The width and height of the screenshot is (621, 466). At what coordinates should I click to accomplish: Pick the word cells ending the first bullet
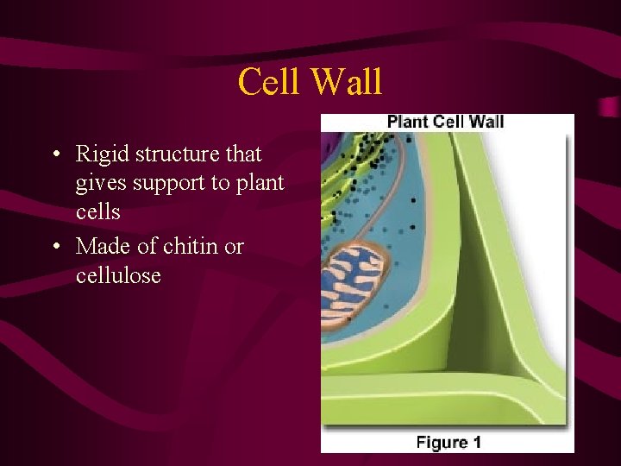97,212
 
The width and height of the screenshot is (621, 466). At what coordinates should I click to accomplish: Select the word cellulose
118,276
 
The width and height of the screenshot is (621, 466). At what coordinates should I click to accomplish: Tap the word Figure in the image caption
441,443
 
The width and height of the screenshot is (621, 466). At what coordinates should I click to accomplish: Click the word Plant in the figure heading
407,122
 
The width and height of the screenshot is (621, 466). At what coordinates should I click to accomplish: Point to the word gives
101,184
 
